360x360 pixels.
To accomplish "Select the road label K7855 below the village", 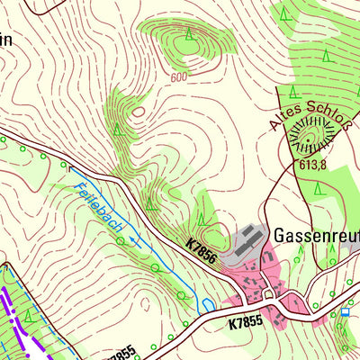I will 247,321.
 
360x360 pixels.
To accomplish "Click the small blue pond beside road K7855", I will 208,305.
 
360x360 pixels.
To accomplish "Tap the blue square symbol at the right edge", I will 345,312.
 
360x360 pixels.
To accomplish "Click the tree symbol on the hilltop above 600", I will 188,35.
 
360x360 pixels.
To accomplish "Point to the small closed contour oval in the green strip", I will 138,111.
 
